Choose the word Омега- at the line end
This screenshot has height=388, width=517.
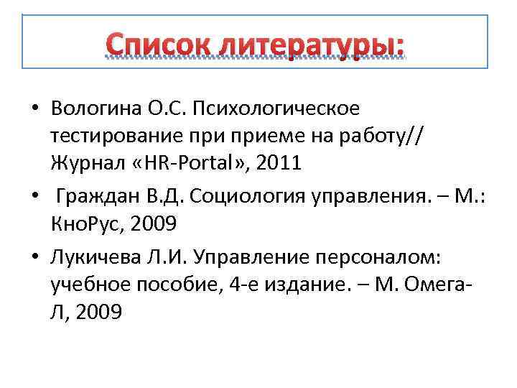(445, 285)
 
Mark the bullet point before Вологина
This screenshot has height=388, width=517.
(34, 109)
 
